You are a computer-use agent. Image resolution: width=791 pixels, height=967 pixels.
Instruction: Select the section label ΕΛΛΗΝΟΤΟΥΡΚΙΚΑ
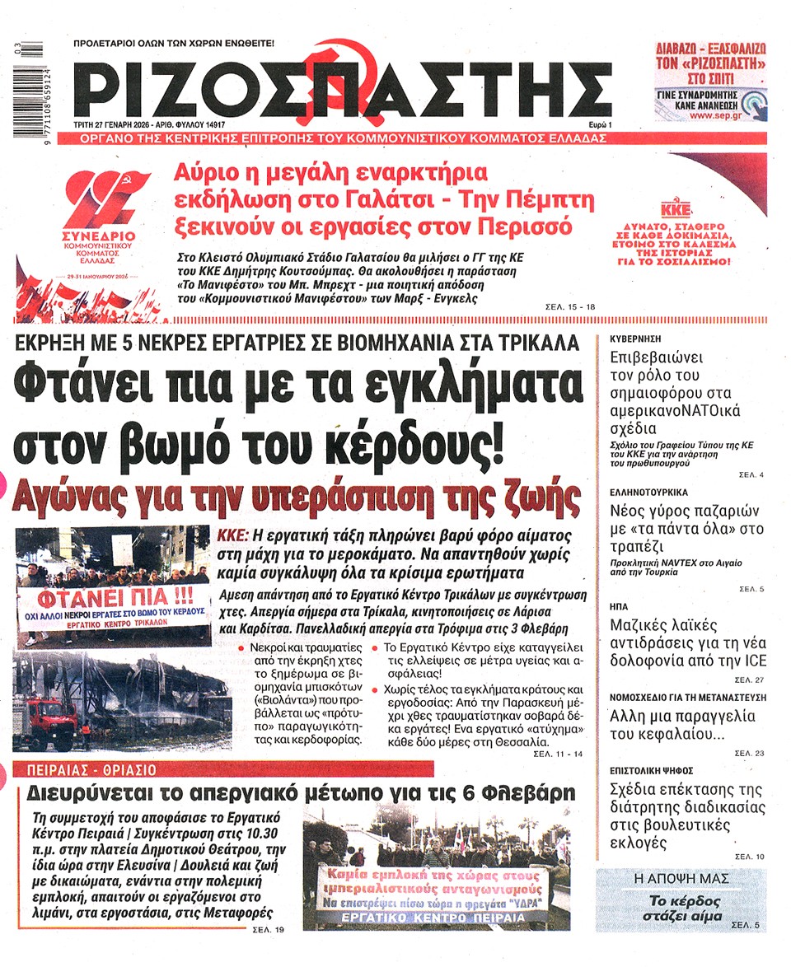[x=651, y=492]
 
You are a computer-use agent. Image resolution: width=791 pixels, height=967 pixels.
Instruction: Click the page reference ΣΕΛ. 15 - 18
[x=571, y=306]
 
